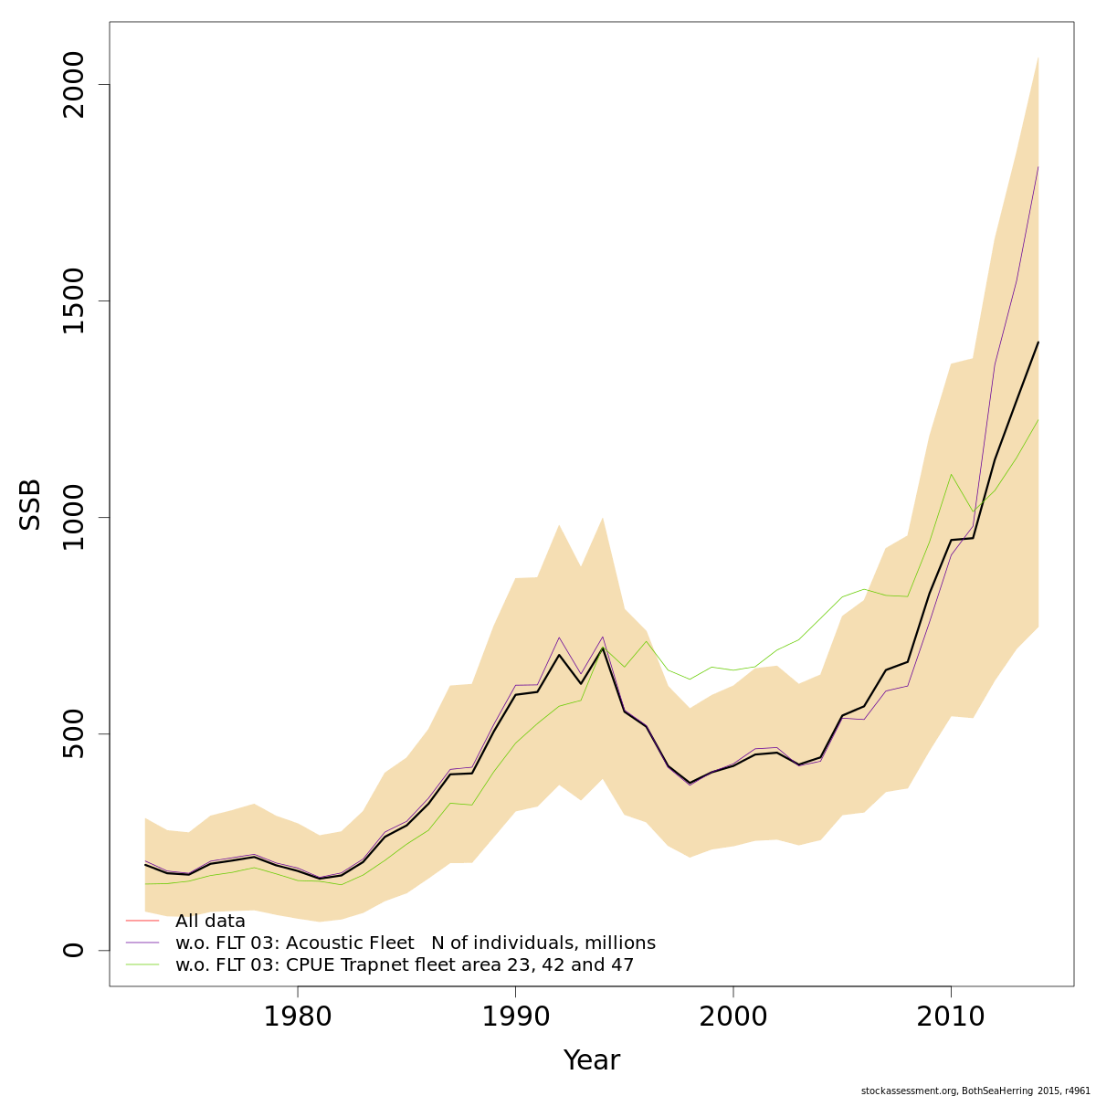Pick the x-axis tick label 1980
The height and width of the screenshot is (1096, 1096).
coord(297,1017)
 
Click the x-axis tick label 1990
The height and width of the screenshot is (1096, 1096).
coord(515,1017)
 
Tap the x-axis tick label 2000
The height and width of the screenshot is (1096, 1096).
coord(732,1017)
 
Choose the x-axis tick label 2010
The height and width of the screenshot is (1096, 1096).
coord(951,1017)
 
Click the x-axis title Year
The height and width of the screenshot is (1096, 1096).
coord(591,1060)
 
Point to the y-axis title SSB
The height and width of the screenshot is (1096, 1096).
coord(31,504)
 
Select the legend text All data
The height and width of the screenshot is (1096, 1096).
coord(210,922)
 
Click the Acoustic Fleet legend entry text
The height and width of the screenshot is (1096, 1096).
coord(415,943)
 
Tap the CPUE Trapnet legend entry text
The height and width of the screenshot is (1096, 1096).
coord(404,965)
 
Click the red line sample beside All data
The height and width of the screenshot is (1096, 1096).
coord(142,921)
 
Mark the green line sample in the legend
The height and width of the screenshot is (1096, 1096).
coord(142,964)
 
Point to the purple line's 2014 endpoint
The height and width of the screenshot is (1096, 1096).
coord(1038,167)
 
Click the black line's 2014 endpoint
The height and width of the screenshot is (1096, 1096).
coord(1038,342)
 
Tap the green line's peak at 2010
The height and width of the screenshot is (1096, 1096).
coord(951,474)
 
